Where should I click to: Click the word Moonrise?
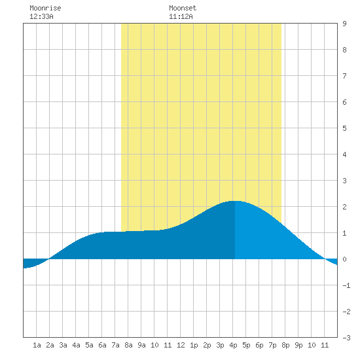[x=45, y=9]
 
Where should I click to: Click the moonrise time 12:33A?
[x=41, y=16]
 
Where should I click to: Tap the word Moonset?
[x=183, y=9]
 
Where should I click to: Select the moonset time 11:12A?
[x=181, y=16]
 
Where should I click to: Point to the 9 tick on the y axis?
[x=344, y=24]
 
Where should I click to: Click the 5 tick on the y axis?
[x=344, y=128]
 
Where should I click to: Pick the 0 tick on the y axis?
[x=344, y=259]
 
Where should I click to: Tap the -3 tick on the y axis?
[x=346, y=338]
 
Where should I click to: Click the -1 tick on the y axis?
[x=346, y=285]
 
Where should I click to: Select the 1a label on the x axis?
[x=37, y=345]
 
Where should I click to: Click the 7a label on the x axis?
[x=115, y=345]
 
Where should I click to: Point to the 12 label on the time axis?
[x=181, y=345]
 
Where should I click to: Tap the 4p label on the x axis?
[x=233, y=345]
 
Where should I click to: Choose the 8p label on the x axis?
[x=285, y=345]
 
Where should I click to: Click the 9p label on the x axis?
[x=298, y=345]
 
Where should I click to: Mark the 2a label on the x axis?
[x=50, y=345]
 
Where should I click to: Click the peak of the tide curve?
[x=236, y=201]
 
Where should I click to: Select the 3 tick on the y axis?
[x=344, y=181]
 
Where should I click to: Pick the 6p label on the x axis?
[x=259, y=345]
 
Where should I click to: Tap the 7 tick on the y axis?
[x=344, y=76]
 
